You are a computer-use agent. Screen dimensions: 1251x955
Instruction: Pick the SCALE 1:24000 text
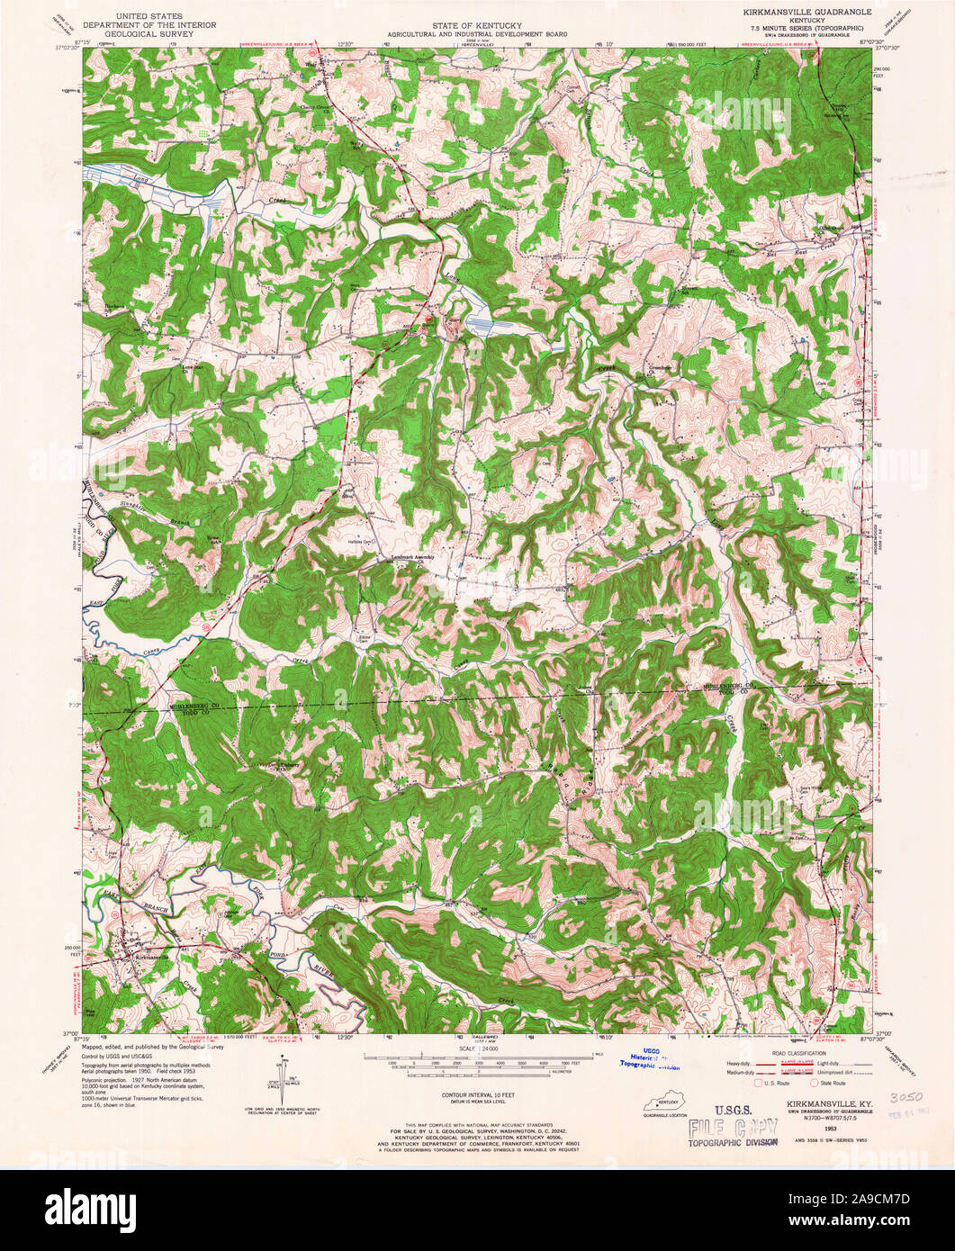click(477, 1050)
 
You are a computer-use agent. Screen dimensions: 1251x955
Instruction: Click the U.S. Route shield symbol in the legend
click(759, 1084)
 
